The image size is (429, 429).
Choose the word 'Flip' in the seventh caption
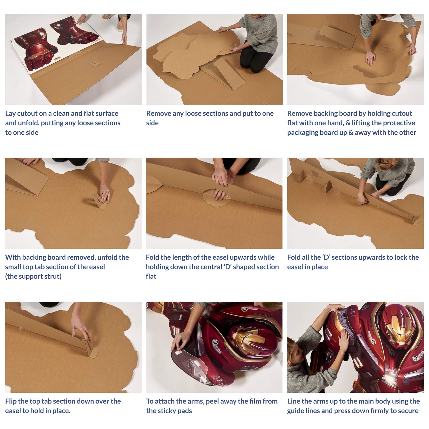tap(11, 401)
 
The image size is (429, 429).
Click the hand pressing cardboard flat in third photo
tap(370, 59)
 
